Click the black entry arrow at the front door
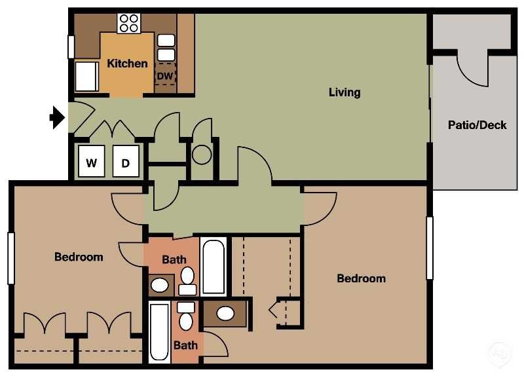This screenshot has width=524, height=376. pyautogui.click(x=57, y=118)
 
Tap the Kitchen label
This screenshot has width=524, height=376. pyautogui.click(x=127, y=64)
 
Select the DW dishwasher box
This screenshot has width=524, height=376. pyautogui.click(x=166, y=77)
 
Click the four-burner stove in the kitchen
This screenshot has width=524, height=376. pyautogui.click(x=129, y=24)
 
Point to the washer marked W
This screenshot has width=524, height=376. pyautogui.click(x=92, y=162)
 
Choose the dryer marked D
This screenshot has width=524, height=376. pyautogui.click(x=125, y=162)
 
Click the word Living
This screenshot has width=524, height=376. pyautogui.click(x=345, y=92)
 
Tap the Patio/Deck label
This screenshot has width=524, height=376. pyautogui.click(x=477, y=124)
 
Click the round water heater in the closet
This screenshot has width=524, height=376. pyautogui.click(x=201, y=155)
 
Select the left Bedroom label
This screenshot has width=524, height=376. pyautogui.click(x=79, y=257)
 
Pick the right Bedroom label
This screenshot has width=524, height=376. pyautogui.click(x=361, y=278)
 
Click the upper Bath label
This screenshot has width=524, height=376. pyautogui.click(x=174, y=260)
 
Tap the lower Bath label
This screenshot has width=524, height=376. pyautogui.click(x=185, y=345)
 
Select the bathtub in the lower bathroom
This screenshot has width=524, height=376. pyautogui.click(x=160, y=331)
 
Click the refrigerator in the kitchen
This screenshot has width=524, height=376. pyautogui.click(x=86, y=76)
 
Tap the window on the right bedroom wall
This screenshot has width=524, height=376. pyautogui.click(x=430, y=248)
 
